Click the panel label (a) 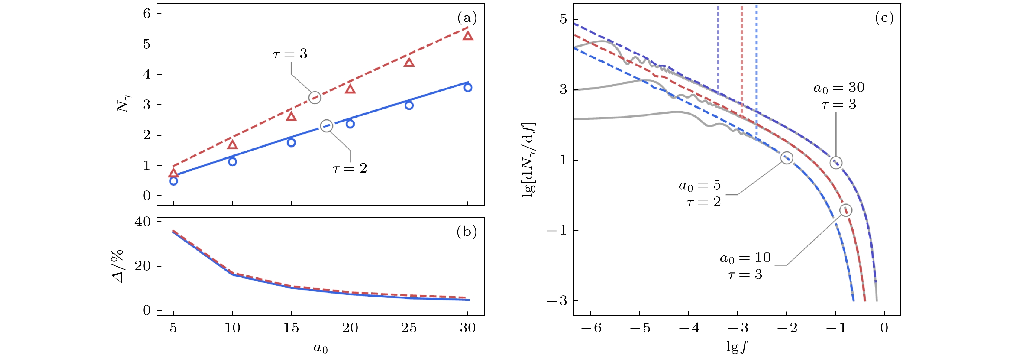pyautogui.click(x=467, y=18)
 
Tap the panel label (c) pyautogui.click(x=884, y=18)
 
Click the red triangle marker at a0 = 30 pyautogui.click(x=467, y=36)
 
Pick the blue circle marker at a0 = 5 pyautogui.click(x=173, y=181)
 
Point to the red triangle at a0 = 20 pyautogui.click(x=350, y=89)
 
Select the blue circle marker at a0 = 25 pyautogui.click(x=409, y=105)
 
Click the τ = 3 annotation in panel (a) pyautogui.click(x=290, y=54)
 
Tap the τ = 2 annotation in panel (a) pyautogui.click(x=350, y=168)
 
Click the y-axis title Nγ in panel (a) pyautogui.click(x=124, y=104)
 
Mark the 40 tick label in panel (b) pyautogui.click(x=143, y=222)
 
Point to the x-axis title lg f pyautogui.click(x=737, y=347)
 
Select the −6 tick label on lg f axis pyautogui.click(x=591, y=328)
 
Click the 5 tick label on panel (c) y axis pyautogui.click(x=563, y=19)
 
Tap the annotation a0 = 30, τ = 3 pyautogui.click(x=839, y=96)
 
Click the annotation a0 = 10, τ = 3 pyautogui.click(x=745, y=266)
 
